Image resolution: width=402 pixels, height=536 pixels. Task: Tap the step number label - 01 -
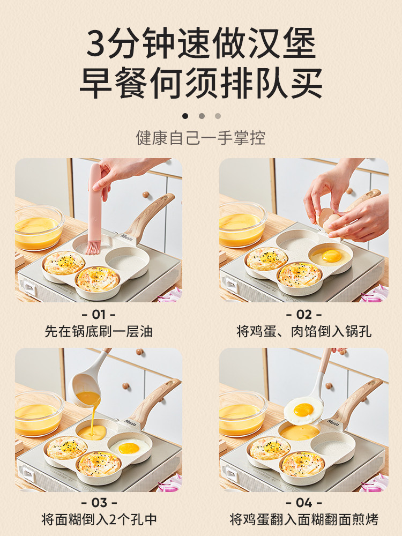[x=99, y=314]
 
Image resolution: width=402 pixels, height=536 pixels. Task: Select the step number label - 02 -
[x=304, y=314]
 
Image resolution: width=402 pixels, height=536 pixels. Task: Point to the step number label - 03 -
[x=99, y=503]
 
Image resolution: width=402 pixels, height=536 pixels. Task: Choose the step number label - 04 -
[x=304, y=503]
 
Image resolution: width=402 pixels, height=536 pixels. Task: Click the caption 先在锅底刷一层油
[x=99, y=331]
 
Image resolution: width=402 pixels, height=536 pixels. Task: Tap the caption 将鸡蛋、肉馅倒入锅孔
[x=304, y=331]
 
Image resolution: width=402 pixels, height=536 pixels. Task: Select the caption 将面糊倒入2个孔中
[x=99, y=519]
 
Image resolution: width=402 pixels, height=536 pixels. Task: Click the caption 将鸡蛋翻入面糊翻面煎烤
[x=304, y=519]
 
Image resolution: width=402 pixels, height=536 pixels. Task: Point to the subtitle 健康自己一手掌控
[x=201, y=138]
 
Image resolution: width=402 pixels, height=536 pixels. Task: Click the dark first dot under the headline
[x=185, y=115]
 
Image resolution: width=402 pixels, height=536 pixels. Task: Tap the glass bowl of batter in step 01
[x=39, y=227]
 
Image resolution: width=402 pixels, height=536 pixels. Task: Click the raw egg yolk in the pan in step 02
[x=331, y=256]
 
